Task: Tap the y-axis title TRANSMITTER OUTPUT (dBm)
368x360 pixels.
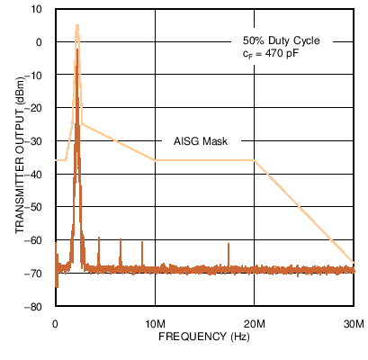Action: pyautogui.click(x=20, y=157)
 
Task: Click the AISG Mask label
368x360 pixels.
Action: pyautogui.click(x=202, y=141)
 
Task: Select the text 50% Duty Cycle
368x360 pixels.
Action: pyautogui.click(x=281, y=40)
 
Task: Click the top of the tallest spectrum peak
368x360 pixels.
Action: pyautogui.click(x=77, y=26)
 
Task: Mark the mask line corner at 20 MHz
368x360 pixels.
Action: pyautogui.click(x=255, y=160)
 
